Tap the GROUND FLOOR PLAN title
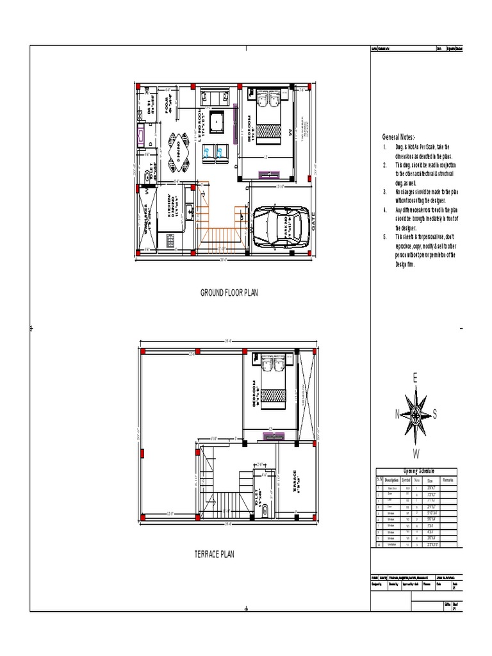click(229, 293)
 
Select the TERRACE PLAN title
click(215, 554)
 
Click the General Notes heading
click(398, 137)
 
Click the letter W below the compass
click(416, 454)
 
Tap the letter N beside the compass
click(397, 414)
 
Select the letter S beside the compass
click(435, 414)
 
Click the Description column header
click(391, 479)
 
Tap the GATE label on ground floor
click(314, 225)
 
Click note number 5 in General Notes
click(385, 236)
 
